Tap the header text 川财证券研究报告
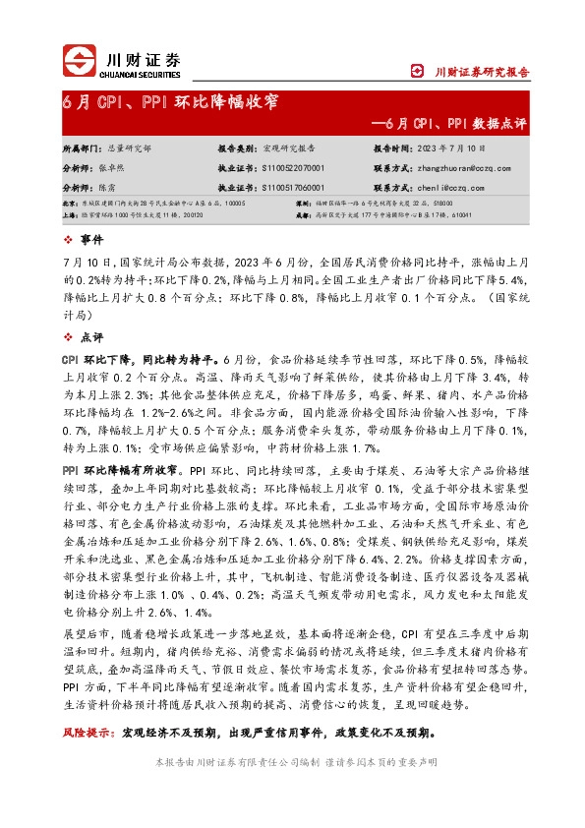(x=482, y=72)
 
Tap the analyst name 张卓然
(x=118, y=168)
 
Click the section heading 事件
(x=91, y=239)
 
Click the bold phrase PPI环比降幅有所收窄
(x=125, y=468)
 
